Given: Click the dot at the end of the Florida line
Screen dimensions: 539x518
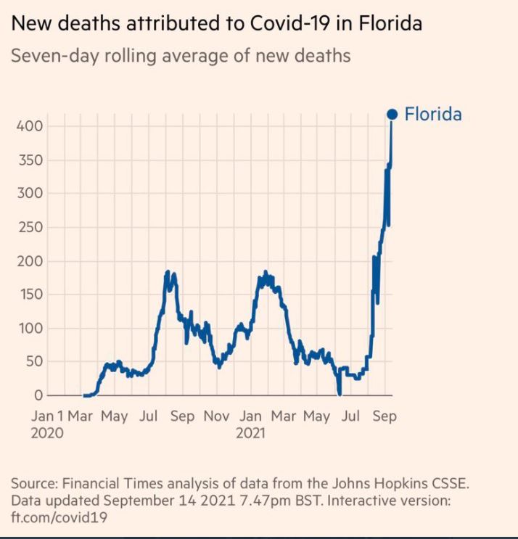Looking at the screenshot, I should [392, 114].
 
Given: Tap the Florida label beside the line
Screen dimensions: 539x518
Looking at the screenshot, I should [433, 114].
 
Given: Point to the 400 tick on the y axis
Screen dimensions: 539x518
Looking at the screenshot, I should [30, 126].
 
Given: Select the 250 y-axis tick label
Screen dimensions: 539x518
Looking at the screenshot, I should [30, 228].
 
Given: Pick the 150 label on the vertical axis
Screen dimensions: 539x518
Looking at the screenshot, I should [30, 295].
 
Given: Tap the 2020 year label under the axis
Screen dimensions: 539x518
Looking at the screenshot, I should [46, 433].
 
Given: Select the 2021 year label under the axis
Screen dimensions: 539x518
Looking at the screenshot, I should [251, 433].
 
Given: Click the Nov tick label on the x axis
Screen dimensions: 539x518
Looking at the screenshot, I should [215, 416].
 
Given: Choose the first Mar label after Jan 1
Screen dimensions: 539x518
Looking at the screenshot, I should [81, 416].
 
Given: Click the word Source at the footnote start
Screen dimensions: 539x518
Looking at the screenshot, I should [33, 484].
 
